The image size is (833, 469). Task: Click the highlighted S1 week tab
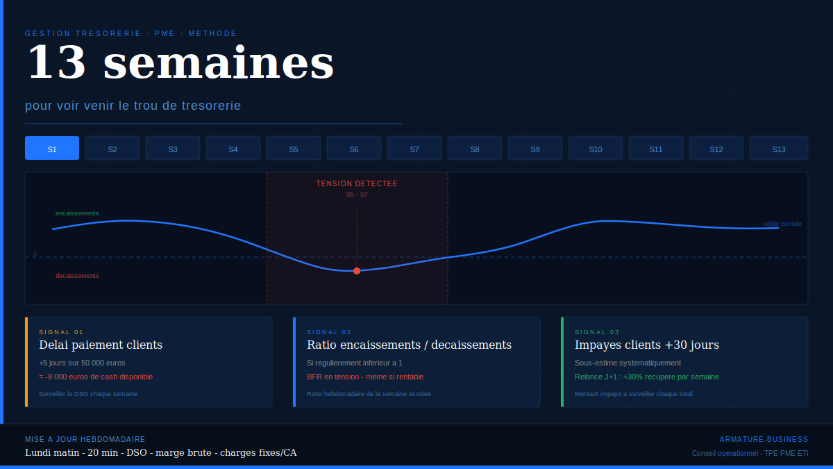click(x=52, y=148)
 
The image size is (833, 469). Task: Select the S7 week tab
click(x=414, y=148)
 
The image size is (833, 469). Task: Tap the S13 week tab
click(x=779, y=148)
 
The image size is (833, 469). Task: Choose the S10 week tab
click(x=596, y=148)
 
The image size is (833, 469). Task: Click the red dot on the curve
click(x=357, y=271)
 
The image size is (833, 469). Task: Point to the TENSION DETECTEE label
click(x=357, y=183)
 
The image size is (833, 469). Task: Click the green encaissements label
click(x=77, y=213)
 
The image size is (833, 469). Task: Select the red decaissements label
click(x=77, y=276)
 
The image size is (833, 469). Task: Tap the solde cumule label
click(x=782, y=224)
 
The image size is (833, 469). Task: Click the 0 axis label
click(x=35, y=254)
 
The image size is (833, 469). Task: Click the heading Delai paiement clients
click(x=101, y=345)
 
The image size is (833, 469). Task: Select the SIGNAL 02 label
click(x=329, y=332)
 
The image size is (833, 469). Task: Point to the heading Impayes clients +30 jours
click(x=647, y=345)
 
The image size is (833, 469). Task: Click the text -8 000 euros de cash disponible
click(x=99, y=377)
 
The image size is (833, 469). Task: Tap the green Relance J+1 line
click(x=647, y=377)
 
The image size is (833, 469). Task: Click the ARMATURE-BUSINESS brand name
click(x=764, y=440)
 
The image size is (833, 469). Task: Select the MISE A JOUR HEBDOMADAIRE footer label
click(x=85, y=440)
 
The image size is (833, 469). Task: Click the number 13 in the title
click(x=57, y=63)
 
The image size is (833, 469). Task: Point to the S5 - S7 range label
click(x=357, y=195)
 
